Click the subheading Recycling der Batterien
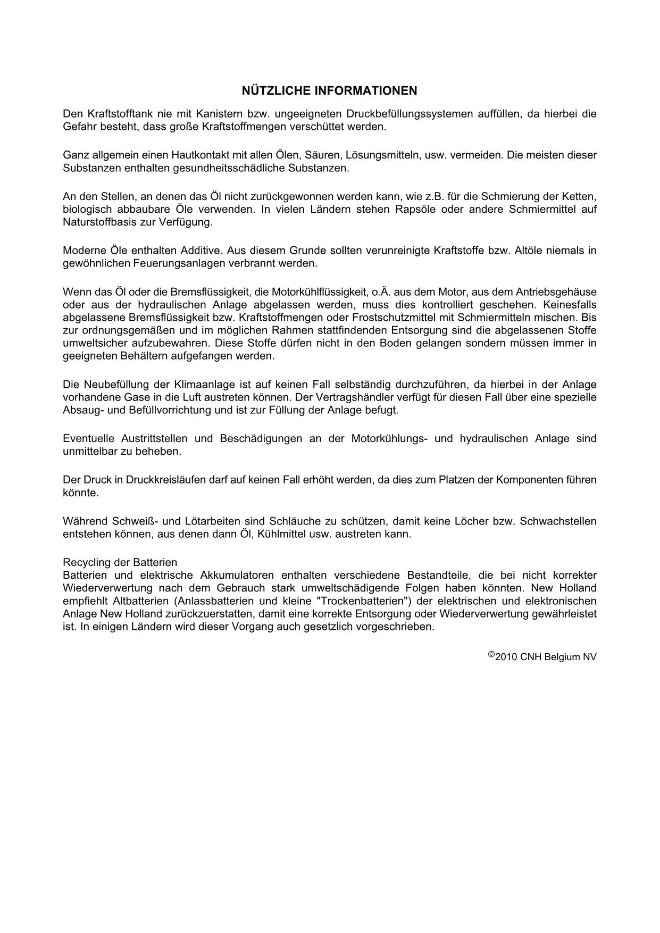tap(120, 562)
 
